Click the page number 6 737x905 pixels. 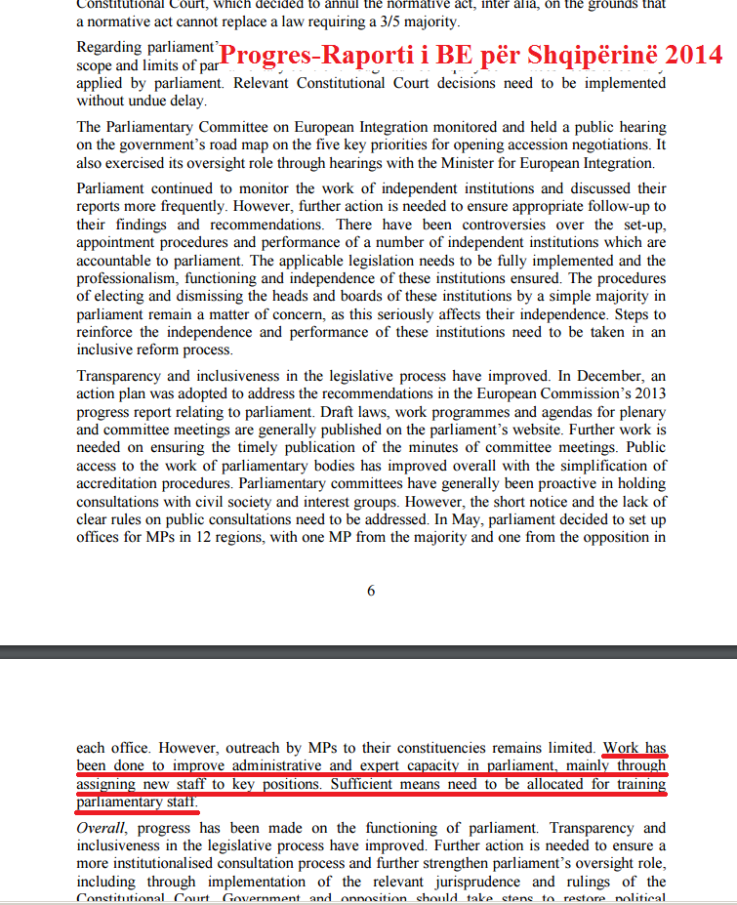(371, 591)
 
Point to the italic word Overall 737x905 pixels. (101, 828)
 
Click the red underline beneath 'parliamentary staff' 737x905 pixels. (138, 810)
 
